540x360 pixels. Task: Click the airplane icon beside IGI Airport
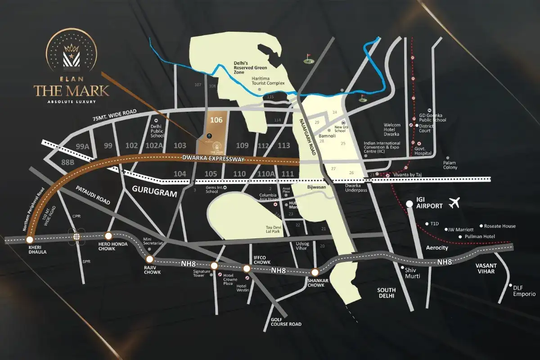456,203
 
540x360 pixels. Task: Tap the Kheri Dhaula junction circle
30,240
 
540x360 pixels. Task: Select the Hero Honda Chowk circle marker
108,236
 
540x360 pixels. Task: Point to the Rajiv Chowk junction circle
150,259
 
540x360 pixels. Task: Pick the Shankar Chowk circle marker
315,272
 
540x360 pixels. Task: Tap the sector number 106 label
216,120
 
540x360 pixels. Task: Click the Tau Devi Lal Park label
273,229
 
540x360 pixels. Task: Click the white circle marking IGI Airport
409,204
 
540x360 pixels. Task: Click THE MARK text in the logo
72,90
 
